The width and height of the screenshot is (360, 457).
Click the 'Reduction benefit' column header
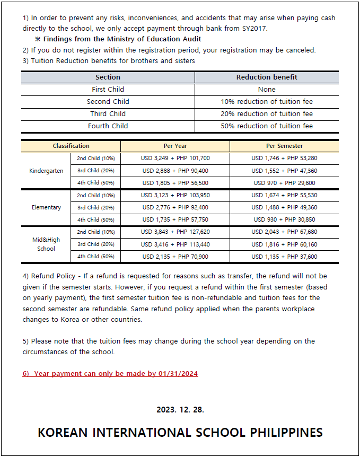point(267,77)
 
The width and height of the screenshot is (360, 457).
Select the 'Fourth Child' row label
point(108,126)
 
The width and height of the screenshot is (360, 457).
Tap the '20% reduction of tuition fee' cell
point(267,114)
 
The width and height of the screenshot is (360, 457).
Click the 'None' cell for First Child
point(267,90)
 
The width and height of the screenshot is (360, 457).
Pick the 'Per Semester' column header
point(284,146)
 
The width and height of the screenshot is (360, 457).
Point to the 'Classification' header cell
point(71,146)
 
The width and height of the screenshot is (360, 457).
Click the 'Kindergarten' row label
point(46,171)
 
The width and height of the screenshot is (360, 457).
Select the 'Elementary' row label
point(46,207)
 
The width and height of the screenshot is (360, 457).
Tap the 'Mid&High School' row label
point(46,244)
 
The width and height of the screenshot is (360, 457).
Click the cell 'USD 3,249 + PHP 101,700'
point(175,158)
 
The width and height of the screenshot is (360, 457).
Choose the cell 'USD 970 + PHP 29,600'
point(284,183)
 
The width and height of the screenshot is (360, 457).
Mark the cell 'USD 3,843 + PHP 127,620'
point(175,232)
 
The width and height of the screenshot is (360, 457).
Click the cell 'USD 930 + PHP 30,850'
point(284,219)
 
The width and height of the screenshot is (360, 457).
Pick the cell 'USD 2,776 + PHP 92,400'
point(175,207)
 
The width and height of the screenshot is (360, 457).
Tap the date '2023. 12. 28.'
point(180,410)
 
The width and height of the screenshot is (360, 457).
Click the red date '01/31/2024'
point(178,374)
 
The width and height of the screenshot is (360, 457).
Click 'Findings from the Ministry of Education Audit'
point(122,39)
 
